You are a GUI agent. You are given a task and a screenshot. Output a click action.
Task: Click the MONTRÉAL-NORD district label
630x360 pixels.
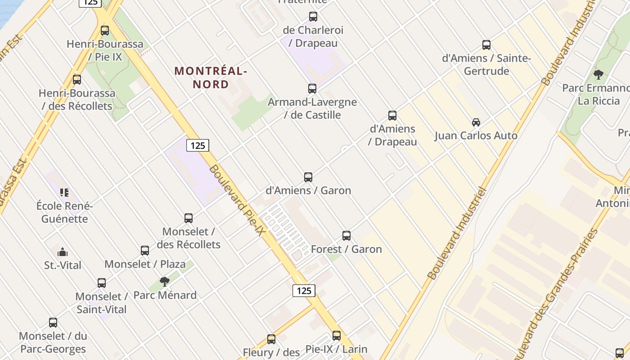[211, 77]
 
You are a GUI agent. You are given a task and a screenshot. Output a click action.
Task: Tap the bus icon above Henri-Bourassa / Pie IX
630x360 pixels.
[105, 31]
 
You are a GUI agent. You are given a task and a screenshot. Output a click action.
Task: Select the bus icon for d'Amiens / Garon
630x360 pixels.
[308, 177]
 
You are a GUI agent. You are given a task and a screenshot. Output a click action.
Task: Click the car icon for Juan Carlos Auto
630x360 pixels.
[476, 122]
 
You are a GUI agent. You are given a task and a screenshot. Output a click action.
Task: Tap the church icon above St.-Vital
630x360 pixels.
[63, 252]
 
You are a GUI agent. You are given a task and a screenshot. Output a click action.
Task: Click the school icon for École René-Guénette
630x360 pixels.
[64, 193]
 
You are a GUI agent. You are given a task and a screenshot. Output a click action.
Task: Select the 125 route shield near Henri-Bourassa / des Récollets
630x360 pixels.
[198, 145]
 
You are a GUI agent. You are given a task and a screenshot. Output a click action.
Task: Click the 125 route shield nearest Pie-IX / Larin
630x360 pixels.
[304, 291]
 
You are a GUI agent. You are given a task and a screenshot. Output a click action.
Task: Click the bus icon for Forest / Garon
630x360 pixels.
[346, 236]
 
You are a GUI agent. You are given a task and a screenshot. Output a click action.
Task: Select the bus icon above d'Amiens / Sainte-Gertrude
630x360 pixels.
[486, 45]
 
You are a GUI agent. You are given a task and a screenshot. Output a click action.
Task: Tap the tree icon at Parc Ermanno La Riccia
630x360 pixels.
[598, 74]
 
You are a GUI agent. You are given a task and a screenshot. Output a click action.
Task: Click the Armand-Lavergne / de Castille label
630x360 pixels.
[312, 108]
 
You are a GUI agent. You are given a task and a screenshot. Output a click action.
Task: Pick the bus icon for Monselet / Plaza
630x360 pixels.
[145, 251]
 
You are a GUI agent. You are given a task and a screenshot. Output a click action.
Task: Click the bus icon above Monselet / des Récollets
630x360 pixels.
[189, 218]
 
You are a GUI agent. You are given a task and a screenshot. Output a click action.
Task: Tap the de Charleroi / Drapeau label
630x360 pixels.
[313, 36]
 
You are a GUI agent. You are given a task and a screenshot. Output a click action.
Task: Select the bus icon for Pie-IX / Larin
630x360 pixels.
[337, 336]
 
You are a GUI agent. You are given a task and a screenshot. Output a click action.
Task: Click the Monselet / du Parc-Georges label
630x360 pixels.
[53, 342]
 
